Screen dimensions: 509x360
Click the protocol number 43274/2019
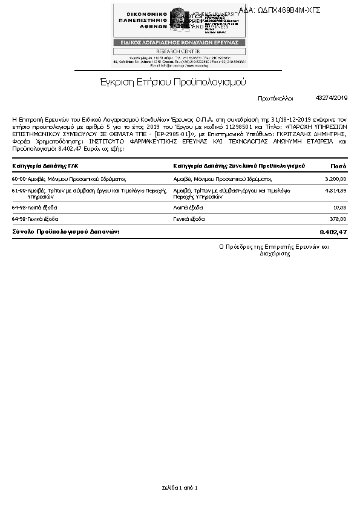pos(332,97)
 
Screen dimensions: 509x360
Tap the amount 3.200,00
pos(335,179)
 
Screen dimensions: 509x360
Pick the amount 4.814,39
pos(335,191)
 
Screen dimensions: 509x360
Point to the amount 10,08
pos(340,208)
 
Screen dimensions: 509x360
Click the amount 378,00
pos(338,219)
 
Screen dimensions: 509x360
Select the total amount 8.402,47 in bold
pos(333,232)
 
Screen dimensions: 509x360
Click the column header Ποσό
pos(338,166)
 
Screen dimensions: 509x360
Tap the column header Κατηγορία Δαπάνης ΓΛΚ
pos(45,166)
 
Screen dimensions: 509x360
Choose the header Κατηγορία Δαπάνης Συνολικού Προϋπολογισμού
pos(238,166)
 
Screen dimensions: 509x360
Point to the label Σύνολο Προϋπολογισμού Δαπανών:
pos(66,232)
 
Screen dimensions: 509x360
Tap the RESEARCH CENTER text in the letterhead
pos(179,51)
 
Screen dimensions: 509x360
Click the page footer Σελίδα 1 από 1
pos(180,487)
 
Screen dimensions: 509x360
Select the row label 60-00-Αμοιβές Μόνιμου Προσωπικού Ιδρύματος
pos(68,179)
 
